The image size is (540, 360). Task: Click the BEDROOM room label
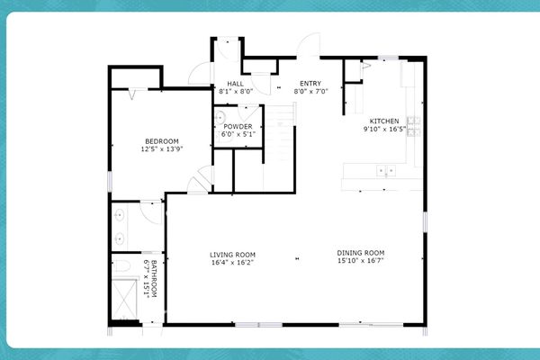pyautogui.click(x=162, y=141)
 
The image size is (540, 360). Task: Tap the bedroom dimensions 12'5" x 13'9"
pyautogui.click(x=162, y=149)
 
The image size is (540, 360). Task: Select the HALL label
pyautogui.click(x=235, y=83)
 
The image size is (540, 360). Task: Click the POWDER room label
pyautogui.click(x=238, y=126)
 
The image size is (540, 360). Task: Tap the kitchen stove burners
pyautogui.click(x=413, y=126)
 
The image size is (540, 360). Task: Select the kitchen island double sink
pyautogui.click(x=386, y=168)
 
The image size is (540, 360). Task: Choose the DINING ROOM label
pyautogui.click(x=361, y=253)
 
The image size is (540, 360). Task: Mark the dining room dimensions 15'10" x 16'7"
pyautogui.click(x=361, y=262)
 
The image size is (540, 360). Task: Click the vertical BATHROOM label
pyautogui.click(x=155, y=279)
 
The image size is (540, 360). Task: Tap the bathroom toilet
pyautogui.click(x=123, y=265)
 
